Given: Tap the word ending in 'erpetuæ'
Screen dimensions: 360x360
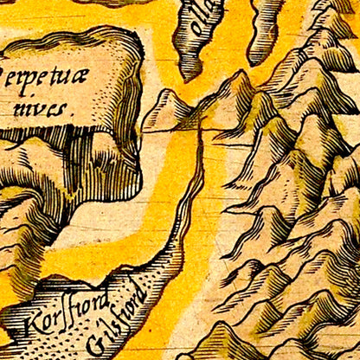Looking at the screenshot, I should click(x=51, y=76).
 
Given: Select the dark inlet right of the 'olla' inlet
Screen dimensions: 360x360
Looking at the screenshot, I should click(x=267, y=30).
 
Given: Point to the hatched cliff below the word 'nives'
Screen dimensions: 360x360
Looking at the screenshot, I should click(x=104, y=164).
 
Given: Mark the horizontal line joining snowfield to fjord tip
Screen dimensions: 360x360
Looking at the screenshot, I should click(x=173, y=131).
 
